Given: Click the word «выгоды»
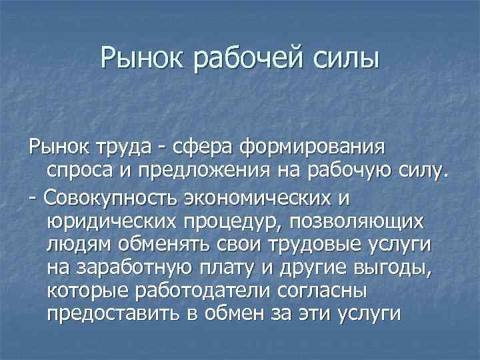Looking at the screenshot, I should pyautogui.click(x=410, y=269).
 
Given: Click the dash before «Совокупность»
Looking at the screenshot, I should pyautogui.click(x=33, y=198).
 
